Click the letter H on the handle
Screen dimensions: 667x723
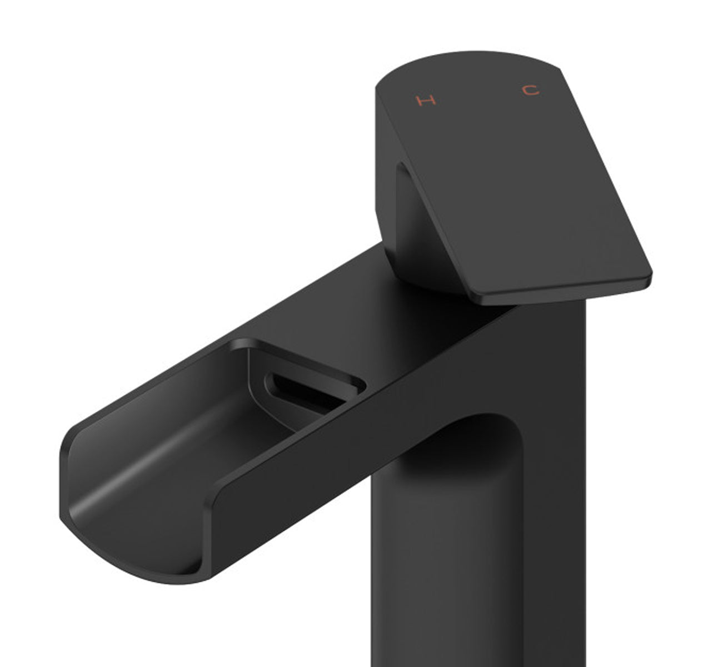426,101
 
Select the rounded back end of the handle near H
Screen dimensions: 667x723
389,83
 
